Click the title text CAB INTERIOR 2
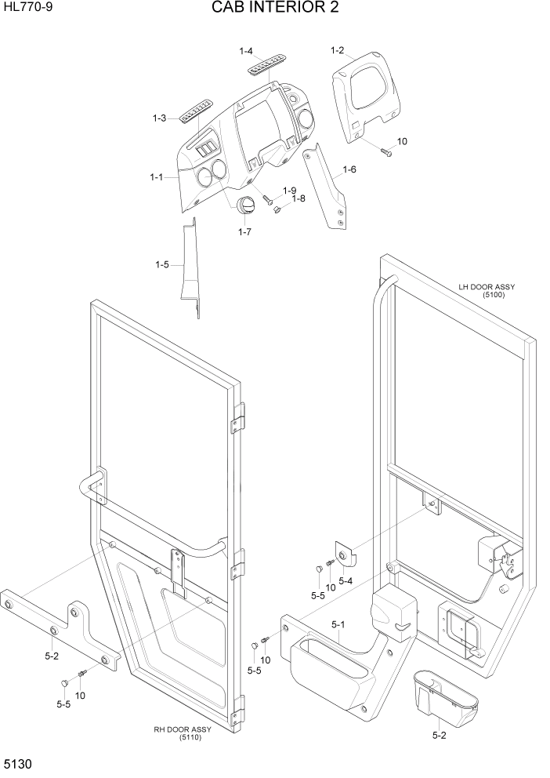point(274,9)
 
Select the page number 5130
point(19,764)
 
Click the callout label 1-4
point(245,52)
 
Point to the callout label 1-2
point(338,51)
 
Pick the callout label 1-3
point(159,118)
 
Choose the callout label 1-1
point(156,177)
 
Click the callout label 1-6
point(349,169)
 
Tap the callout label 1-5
point(162,264)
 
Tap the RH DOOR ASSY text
point(183,730)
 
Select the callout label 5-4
point(346,580)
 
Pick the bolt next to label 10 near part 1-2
point(385,151)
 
